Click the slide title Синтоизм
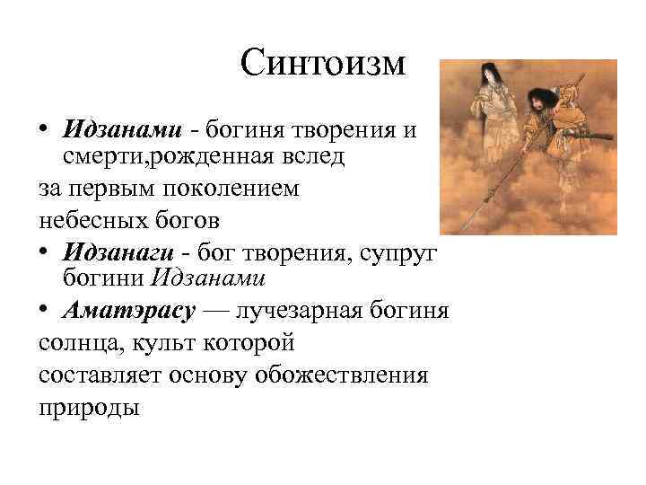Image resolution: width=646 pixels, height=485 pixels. [x=324, y=64]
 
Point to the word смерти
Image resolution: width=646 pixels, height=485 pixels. [x=92, y=159]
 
